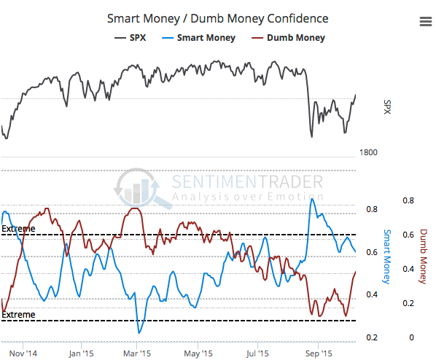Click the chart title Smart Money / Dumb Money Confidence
[x=218, y=19]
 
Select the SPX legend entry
[x=130, y=37]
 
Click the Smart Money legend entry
[x=198, y=37]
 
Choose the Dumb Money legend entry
[x=288, y=37]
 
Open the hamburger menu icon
[x=426, y=21]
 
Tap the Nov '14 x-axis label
[x=23, y=353]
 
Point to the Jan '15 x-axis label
[x=81, y=353]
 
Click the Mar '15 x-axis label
[x=137, y=353]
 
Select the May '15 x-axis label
[x=198, y=353]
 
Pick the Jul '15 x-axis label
[x=257, y=353]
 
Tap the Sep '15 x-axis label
[x=319, y=353]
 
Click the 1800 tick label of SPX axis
[x=368, y=152]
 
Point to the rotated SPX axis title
[x=387, y=107]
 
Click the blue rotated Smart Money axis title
[x=387, y=257]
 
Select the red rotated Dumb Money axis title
[x=423, y=257]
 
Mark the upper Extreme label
[x=18, y=229]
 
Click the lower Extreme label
[x=18, y=314]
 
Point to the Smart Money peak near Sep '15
[x=313, y=198]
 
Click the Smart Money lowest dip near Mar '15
[x=139, y=332]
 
